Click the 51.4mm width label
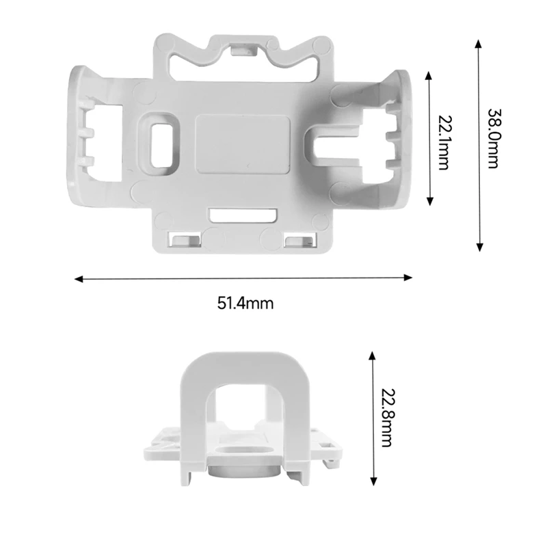point(245,304)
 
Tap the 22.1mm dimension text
point(442,143)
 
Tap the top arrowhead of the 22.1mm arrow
point(429,74)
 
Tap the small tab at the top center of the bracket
point(241,49)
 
